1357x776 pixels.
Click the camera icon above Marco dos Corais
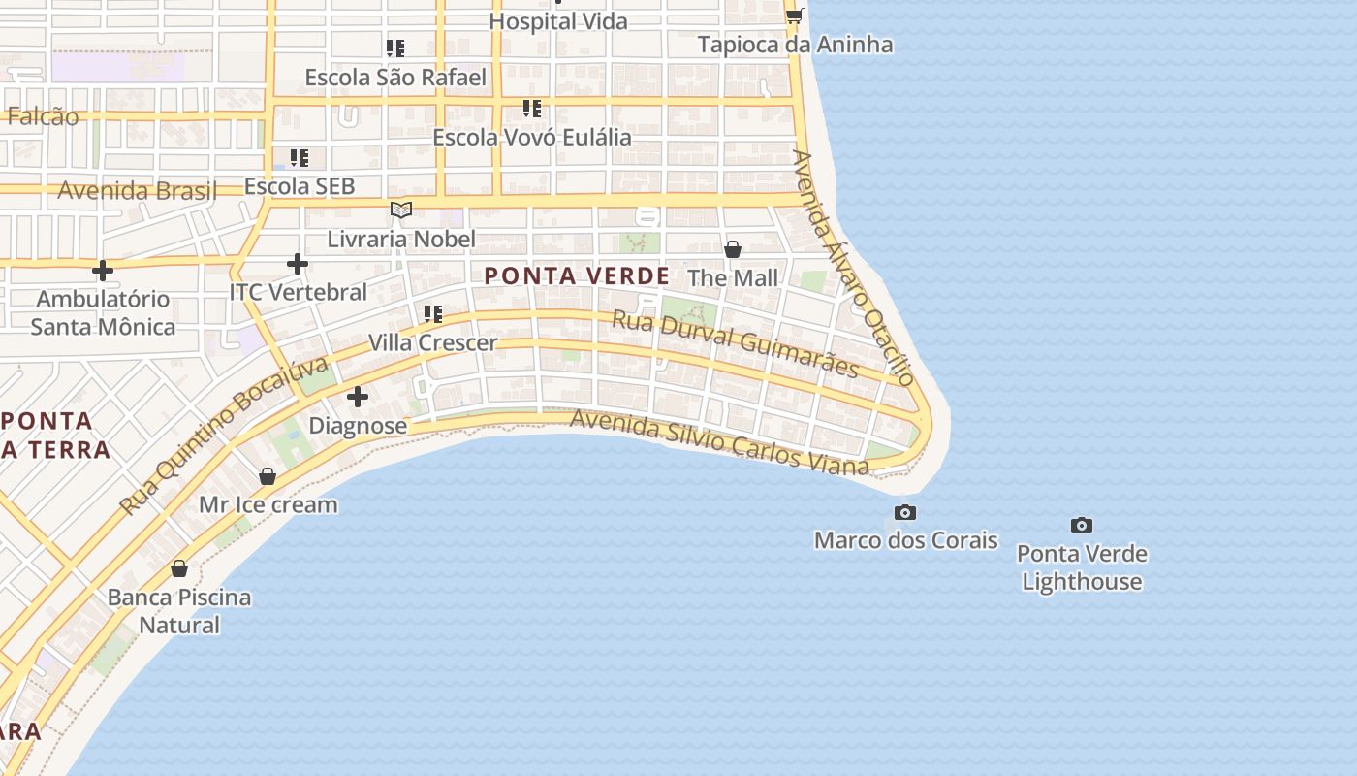(904, 512)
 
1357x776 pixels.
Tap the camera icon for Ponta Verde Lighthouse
(1081, 526)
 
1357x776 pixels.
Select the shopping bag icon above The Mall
(733, 249)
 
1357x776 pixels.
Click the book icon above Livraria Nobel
(401, 210)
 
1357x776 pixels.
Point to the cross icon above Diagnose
(358, 397)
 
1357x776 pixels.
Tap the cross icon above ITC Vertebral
(298, 263)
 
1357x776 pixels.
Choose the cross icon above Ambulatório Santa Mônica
(103, 270)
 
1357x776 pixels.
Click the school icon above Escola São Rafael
(394, 48)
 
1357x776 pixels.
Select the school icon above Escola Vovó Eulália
(531, 108)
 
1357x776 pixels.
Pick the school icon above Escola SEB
(300, 157)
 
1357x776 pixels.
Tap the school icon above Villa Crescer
(432, 313)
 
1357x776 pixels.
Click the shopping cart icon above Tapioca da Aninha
(795, 16)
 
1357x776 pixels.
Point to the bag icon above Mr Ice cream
(268, 476)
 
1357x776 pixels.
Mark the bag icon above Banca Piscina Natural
(179, 568)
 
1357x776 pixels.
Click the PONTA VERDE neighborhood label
(577, 276)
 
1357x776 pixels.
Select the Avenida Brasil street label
(137, 190)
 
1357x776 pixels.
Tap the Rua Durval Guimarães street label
(736, 344)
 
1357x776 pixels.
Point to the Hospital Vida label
(558, 21)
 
